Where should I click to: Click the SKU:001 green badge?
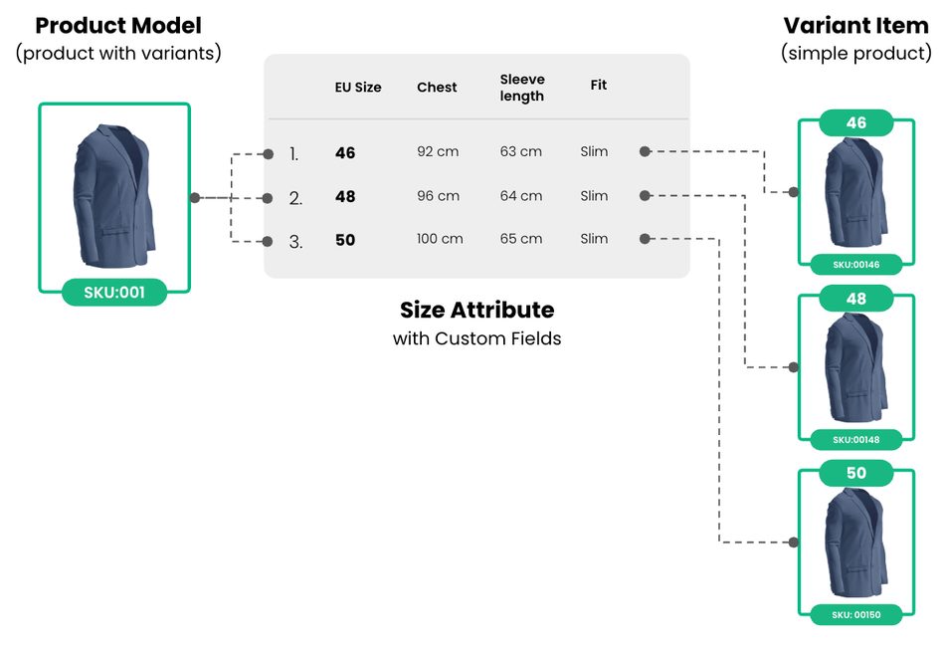[x=114, y=293]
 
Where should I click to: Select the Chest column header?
[x=437, y=88]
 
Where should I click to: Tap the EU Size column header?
[x=358, y=88]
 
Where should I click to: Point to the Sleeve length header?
[x=522, y=88]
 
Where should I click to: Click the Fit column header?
[x=599, y=85]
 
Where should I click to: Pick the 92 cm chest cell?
[x=438, y=151]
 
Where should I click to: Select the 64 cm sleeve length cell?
[x=520, y=196]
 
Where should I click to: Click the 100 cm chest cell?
[x=440, y=239]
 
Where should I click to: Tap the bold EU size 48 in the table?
[x=345, y=196]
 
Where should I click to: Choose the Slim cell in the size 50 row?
[x=594, y=239]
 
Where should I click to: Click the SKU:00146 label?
[x=855, y=265]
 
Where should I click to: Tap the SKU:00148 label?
[x=855, y=440]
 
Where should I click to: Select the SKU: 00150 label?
[x=855, y=615]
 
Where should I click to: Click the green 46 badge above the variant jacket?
[x=855, y=123]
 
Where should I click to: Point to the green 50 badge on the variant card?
[x=855, y=473]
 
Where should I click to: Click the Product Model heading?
[x=118, y=26]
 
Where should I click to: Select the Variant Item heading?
[x=855, y=26]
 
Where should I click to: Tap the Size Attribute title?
[x=476, y=310]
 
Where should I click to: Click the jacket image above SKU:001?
[x=114, y=196]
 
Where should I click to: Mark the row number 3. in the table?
[x=295, y=242]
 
